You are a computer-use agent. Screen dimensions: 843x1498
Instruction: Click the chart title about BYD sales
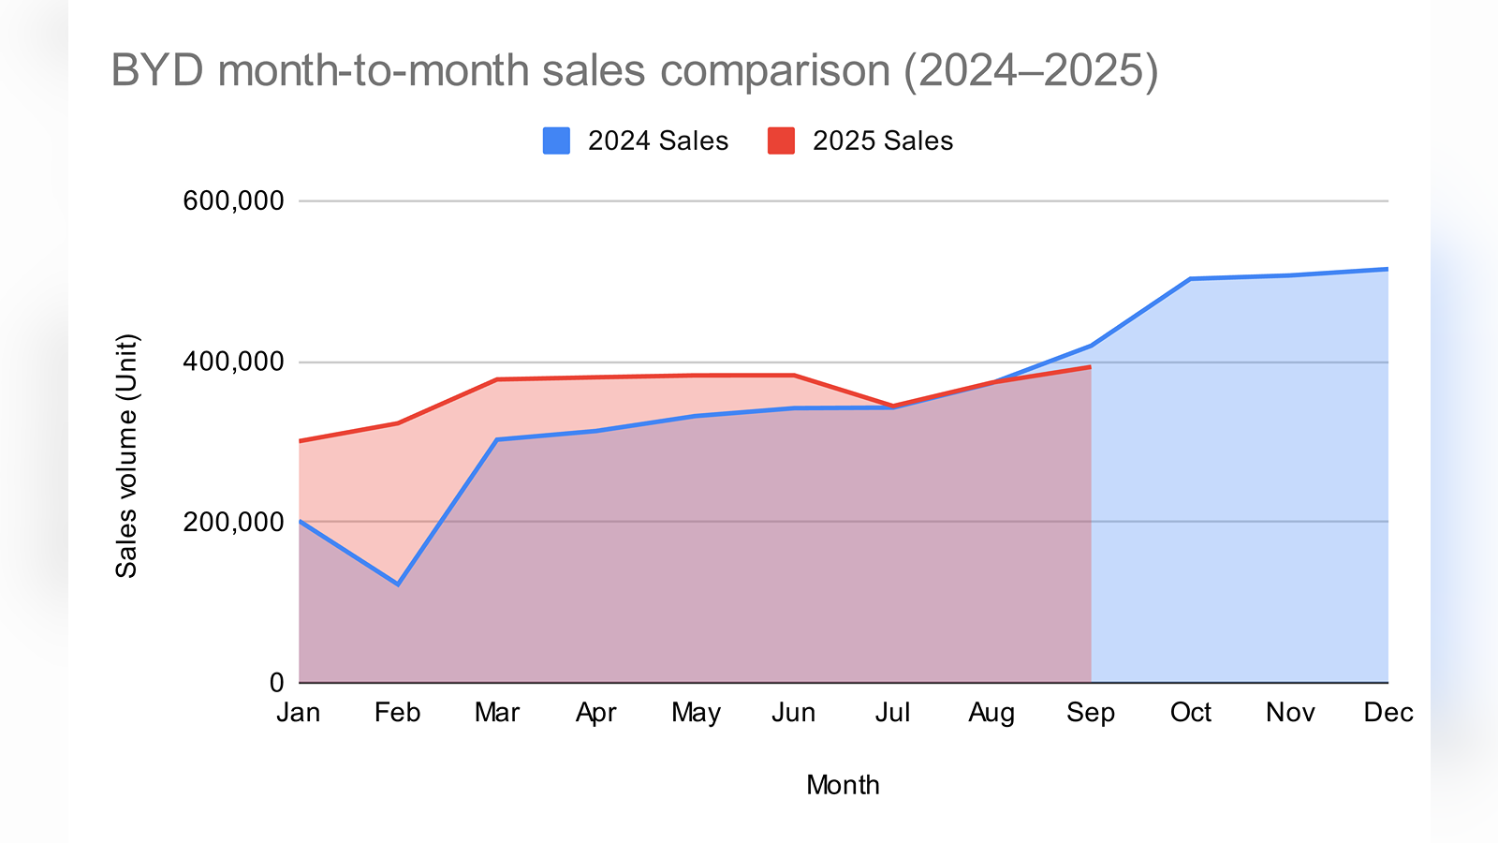tap(634, 71)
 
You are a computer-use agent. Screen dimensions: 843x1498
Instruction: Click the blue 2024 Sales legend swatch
tap(556, 140)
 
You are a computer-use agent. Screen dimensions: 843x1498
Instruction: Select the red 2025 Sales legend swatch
tap(781, 140)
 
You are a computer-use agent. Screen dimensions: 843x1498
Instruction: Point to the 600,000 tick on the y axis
tap(233, 200)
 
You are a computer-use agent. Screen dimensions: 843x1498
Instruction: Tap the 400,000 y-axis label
tap(233, 362)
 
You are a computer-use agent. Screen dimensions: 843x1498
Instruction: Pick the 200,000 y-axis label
tap(233, 522)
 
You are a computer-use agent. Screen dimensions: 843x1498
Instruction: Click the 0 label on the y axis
tap(276, 683)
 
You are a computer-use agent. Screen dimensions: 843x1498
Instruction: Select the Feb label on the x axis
tap(397, 713)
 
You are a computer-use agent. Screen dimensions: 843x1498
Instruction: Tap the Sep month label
tap(1091, 713)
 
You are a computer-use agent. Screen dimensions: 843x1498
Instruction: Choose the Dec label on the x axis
tap(1388, 713)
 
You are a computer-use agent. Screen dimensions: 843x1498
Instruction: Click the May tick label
tap(696, 713)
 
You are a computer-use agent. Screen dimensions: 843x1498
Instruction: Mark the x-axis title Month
tap(843, 785)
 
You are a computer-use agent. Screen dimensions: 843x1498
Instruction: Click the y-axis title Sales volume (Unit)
tap(126, 456)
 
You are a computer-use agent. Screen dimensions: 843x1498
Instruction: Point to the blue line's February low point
tap(398, 584)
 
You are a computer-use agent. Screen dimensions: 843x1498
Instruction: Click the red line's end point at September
tap(1091, 367)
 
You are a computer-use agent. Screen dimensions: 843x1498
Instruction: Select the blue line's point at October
tap(1190, 279)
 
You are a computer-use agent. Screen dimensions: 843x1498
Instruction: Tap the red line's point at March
tap(497, 379)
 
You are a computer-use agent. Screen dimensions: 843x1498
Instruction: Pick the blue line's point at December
tap(1387, 270)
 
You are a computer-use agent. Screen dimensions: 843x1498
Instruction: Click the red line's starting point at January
tap(300, 440)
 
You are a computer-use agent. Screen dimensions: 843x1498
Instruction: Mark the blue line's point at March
tap(497, 439)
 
